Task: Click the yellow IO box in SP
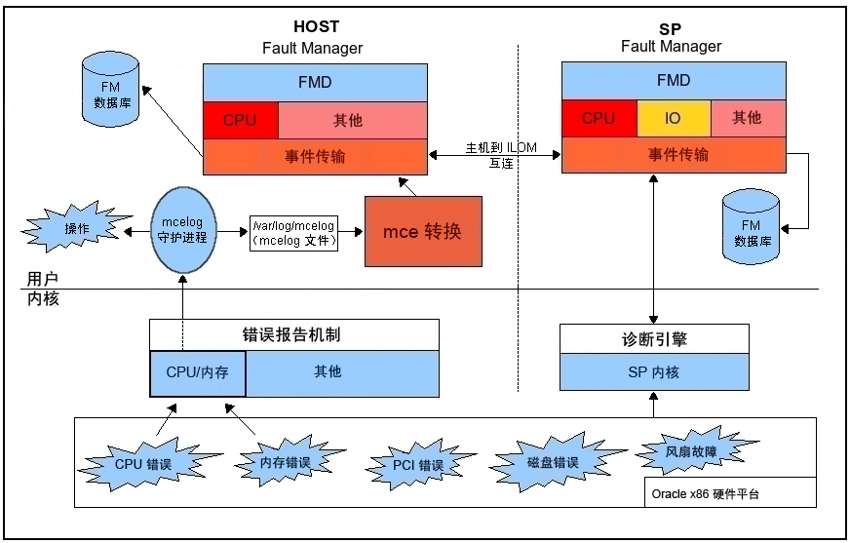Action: coord(673,119)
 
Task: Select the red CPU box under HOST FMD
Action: coord(240,120)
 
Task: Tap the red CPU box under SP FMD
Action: coord(599,119)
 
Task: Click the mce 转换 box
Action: coord(423,232)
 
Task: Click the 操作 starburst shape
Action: coord(74,229)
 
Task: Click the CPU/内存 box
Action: coord(197,372)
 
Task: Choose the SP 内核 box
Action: coord(654,371)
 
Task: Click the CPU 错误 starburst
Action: coord(142,464)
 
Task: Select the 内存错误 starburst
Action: coord(285,463)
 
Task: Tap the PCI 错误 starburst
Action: coord(417,465)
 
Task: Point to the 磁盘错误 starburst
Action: coord(552,463)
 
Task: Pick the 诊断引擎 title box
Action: coord(654,339)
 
